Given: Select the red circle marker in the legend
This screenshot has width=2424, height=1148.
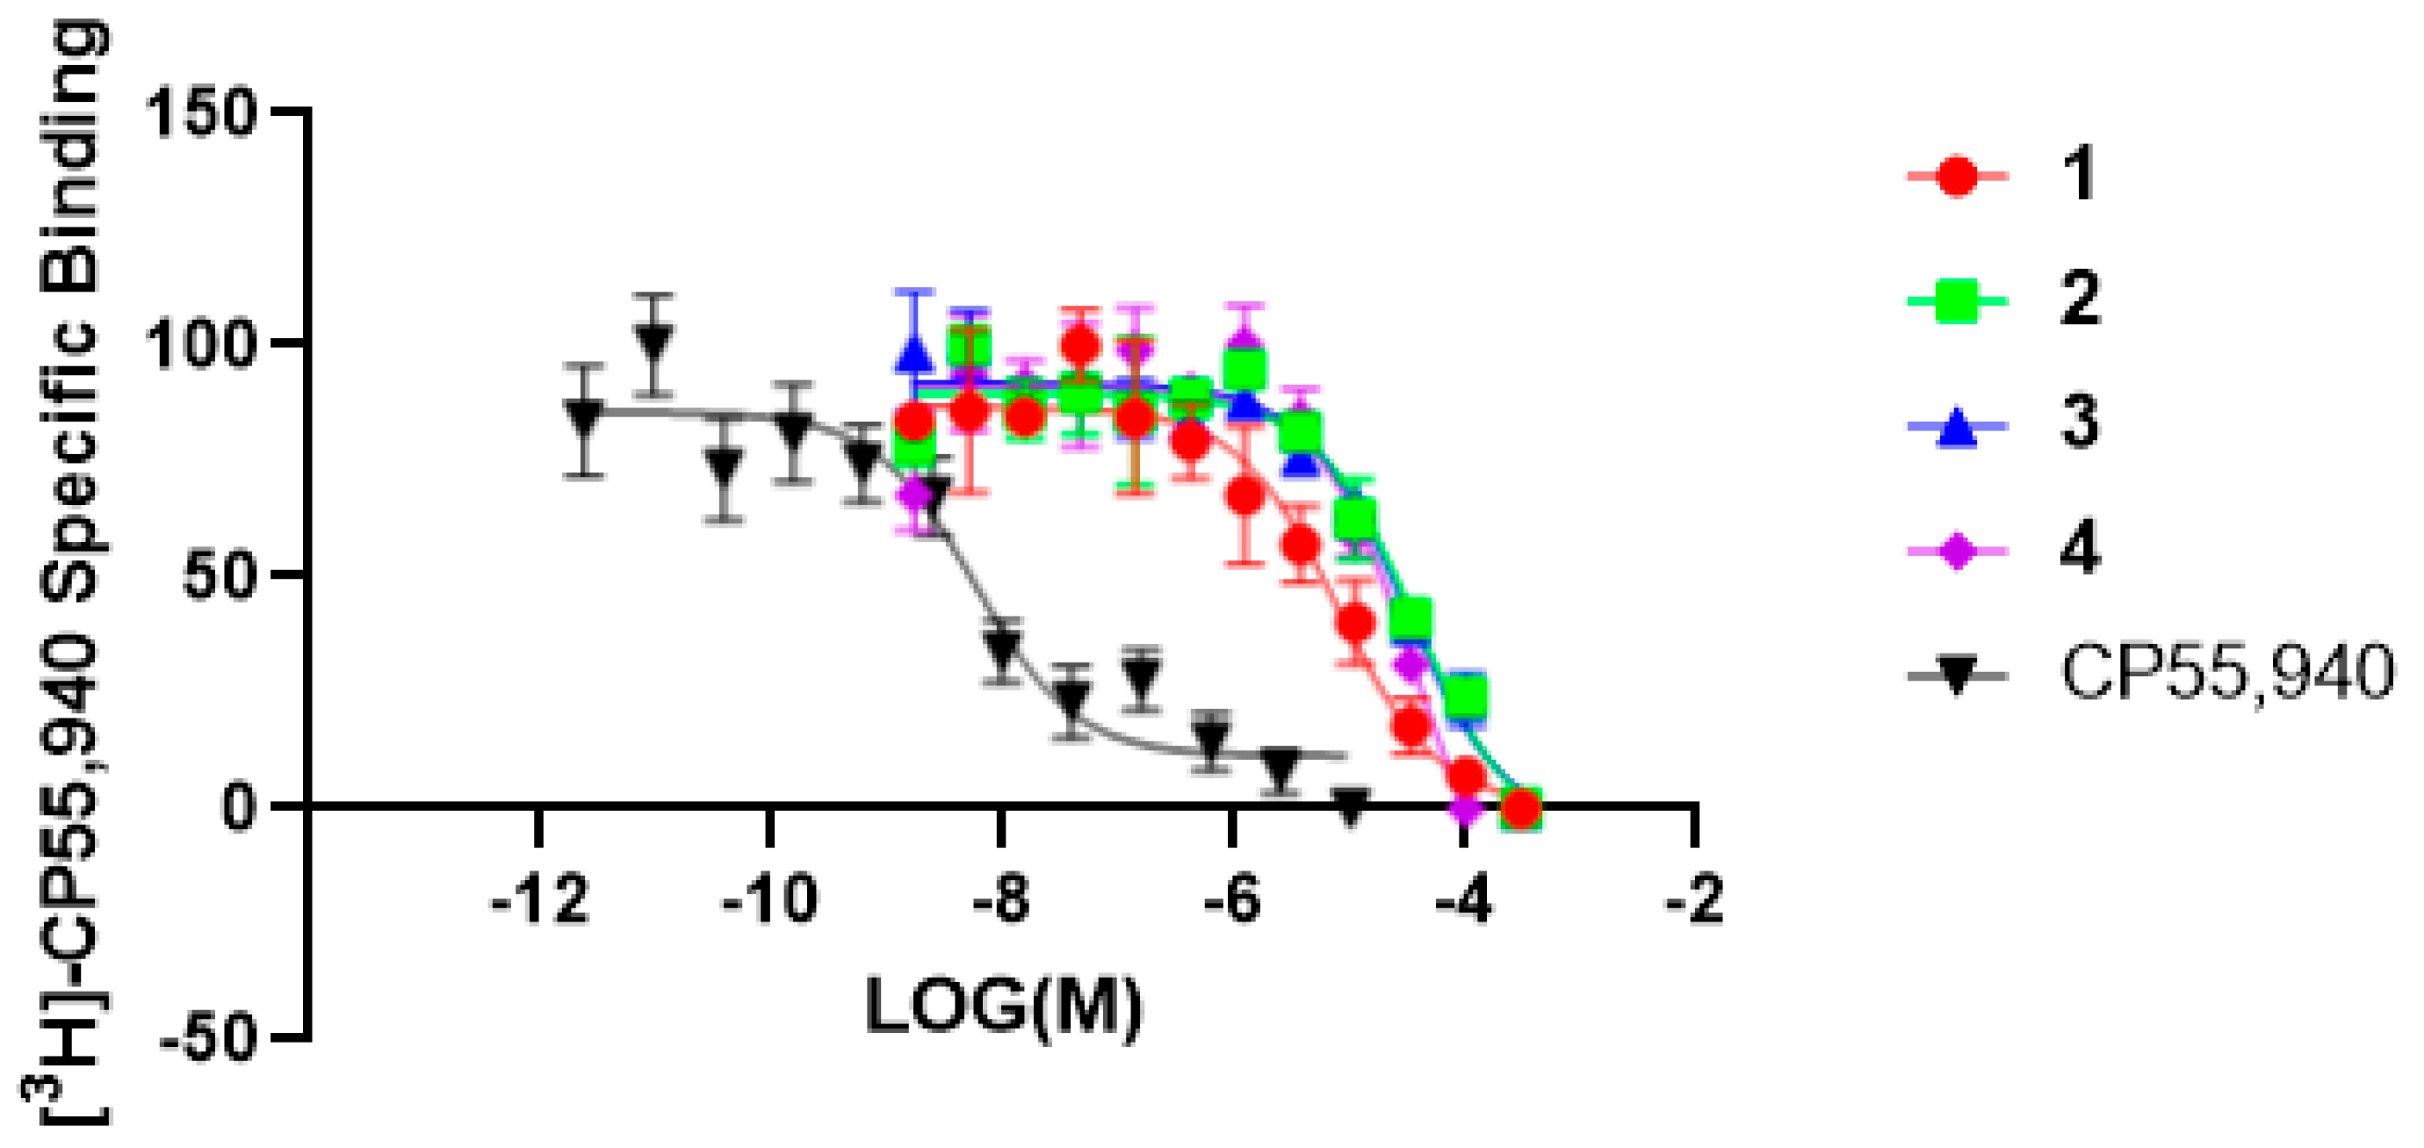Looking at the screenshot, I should click(1958, 176).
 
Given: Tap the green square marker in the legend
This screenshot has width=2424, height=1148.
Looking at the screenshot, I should click(1958, 301).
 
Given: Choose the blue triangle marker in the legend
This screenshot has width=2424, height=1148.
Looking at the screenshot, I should click(1958, 425).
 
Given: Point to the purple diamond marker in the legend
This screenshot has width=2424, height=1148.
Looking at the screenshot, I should click(1958, 552).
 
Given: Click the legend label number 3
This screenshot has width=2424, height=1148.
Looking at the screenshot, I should click(2080, 424).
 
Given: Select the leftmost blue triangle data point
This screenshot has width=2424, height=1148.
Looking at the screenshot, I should click(913, 354).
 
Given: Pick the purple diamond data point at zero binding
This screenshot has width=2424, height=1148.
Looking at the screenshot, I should click(1465, 807).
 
